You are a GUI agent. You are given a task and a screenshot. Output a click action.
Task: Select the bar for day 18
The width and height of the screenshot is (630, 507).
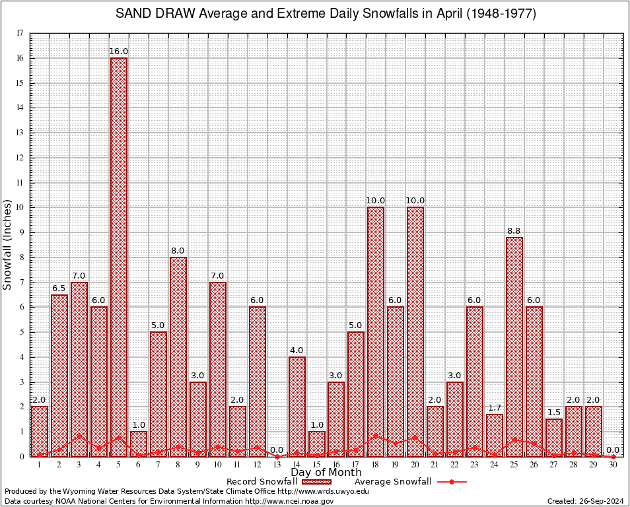pyautogui.click(x=376, y=330)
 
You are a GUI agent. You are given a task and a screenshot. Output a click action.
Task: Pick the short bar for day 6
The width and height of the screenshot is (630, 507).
pyautogui.click(x=139, y=444)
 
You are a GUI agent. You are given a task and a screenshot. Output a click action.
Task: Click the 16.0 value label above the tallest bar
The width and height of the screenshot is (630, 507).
pyautogui.click(x=119, y=51)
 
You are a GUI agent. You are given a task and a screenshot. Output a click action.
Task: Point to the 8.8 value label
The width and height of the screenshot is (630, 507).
pyautogui.click(x=514, y=230)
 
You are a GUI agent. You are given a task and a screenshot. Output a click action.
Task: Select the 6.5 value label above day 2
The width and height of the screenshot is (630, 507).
pyautogui.click(x=59, y=288)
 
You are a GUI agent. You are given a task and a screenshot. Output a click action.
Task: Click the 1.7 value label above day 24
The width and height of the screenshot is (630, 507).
pyautogui.click(x=495, y=407)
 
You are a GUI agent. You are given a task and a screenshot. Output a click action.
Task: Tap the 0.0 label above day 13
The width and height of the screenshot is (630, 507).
pyautogui.click(x=277, y=450)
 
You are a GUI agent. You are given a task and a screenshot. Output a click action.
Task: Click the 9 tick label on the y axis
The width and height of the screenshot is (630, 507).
pyautogui.click(x=21, y=232)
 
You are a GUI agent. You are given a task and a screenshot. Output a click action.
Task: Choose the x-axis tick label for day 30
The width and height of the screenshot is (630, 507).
pyautogui.click(x=613, y=465)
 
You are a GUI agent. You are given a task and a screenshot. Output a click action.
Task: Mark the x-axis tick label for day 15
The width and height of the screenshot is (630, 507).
pyautogui.click(x=316, y=465)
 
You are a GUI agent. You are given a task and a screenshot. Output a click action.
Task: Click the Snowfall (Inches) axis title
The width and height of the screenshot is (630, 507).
pyautogui.click(x=8, y=244)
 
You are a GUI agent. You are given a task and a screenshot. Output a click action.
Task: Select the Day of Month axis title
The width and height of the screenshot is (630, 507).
pyautogui.click(x=326, y=473)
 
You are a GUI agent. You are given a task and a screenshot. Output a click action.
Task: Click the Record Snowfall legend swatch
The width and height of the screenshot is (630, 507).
pyautogui.click(x=316, y=482)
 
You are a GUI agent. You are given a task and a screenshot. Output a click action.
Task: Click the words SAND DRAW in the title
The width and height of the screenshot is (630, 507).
pyautogui.click(x=151, y=14)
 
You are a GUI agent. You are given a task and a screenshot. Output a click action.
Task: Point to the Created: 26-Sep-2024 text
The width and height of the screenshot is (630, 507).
pyautogui.click(x=585, y=501)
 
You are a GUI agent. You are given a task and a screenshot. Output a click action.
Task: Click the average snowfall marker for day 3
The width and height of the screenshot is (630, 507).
pyautogui.click(x=79, y=436)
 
